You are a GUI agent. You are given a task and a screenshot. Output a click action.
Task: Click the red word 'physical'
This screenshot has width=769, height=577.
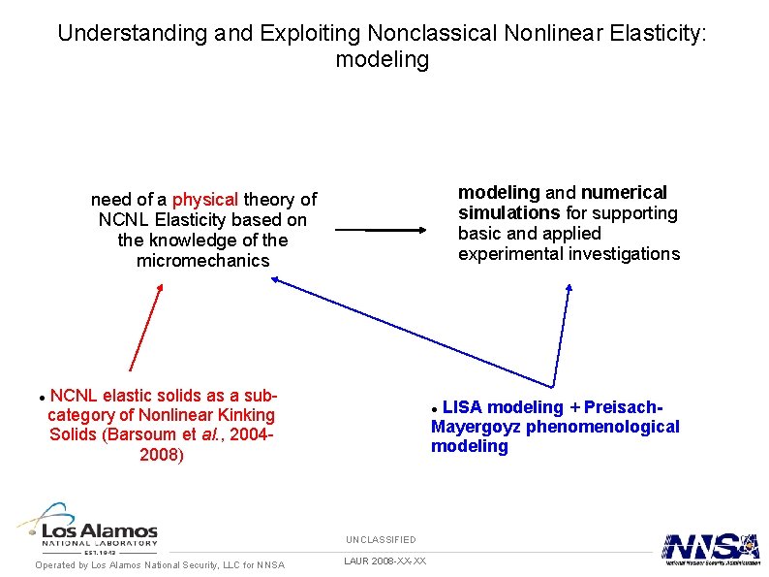(x=205, y=200)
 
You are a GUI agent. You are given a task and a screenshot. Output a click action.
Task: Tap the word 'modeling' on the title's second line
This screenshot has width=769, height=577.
(x=382, y=59)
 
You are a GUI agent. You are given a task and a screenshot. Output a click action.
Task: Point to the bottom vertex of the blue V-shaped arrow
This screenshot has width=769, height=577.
(x=553, y=386)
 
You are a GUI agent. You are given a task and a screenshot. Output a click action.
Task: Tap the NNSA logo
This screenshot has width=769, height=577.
(x=710, y=548)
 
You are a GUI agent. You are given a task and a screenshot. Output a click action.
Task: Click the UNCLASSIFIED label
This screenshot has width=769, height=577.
(x=382, y=539)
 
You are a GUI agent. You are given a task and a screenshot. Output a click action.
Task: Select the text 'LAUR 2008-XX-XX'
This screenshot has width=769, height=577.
(x=384, y=561)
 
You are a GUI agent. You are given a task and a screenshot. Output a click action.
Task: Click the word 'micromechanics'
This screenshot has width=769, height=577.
(x=203, y=261)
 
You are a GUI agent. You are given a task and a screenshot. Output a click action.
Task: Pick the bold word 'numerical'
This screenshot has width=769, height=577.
(x=624, y=192)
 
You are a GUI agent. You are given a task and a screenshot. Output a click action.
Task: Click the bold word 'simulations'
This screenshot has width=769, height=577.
(x=509, y=212)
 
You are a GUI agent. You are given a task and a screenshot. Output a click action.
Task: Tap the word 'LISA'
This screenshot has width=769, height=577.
(x=463, y=407)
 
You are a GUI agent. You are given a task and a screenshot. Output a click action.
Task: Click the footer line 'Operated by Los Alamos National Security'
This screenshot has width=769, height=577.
(x=160, y=565)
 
